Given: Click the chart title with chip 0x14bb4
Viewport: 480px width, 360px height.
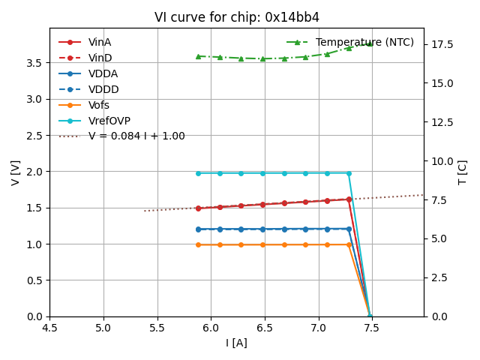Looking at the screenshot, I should coord(237,17).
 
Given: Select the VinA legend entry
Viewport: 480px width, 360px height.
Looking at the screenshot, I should coord(100,42).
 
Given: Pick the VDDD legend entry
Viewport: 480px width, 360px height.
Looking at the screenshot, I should coord(103,89).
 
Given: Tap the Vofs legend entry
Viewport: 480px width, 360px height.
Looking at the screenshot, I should coord(99,105).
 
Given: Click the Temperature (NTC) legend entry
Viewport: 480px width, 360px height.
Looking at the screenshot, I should coord(364,42).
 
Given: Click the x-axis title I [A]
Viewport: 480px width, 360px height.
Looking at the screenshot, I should coord(236,343).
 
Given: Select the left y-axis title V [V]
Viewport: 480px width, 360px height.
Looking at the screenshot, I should coord(16,172).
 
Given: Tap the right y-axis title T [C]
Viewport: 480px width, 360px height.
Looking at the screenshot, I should coord(463,172).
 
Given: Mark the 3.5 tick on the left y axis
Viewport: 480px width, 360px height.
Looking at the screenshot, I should coord(34,62).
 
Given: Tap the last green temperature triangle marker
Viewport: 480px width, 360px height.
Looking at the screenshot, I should coord(370,43).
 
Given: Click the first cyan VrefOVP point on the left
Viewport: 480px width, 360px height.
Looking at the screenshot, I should coord(198,173).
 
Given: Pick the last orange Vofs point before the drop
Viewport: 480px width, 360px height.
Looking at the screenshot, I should coord(349,244).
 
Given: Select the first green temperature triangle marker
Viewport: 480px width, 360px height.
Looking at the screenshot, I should coord(198,56).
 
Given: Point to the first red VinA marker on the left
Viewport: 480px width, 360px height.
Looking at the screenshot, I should coord(198,208).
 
